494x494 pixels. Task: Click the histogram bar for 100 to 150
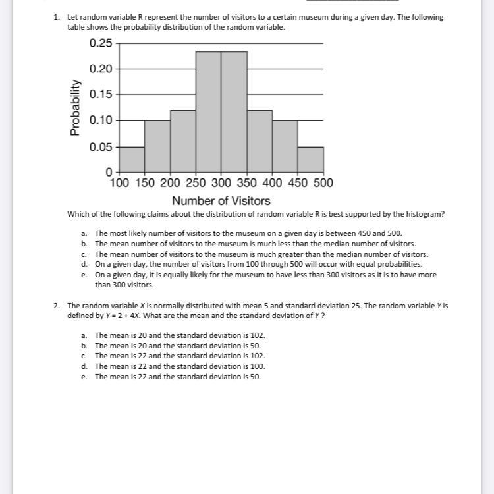click(132, 159)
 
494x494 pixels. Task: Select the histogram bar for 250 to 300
click(208, 111)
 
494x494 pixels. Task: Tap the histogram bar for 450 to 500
click(310, 159)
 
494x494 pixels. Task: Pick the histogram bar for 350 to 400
click(260, 140)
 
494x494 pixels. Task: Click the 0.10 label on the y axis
click(101, 120)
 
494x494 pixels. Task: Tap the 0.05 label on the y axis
click(101, 147)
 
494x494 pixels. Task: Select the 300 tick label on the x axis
click(221, 182)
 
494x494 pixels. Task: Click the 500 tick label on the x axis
click(323, 182)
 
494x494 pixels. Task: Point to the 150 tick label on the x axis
click(145, 182)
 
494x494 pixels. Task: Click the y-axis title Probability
click(76, 107)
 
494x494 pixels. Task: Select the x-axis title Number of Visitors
click(221, 200)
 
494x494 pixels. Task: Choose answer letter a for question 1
click(84, 233)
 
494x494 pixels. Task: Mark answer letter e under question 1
click(84, 275)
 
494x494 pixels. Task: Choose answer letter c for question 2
click(84, 356)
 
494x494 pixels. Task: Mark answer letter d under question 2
click(84, 366)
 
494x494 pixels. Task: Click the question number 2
click(57, 306)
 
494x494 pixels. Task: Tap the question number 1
click(57, 18)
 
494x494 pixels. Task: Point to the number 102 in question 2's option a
click(258, 335)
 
